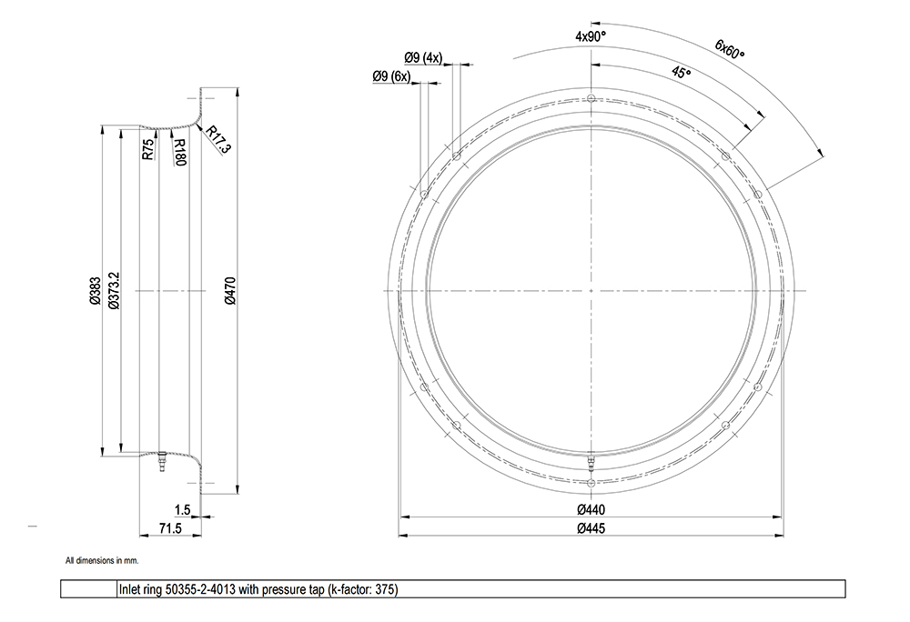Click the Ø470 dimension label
click(230, 290)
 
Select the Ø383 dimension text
click(96, 291)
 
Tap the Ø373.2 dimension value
click(115, 290)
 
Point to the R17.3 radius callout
click(217, 140)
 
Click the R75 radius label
click(148, 149)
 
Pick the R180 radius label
click(179, 152)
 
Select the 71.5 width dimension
click(171, 528)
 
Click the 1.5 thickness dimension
click(182, 510)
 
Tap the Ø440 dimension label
click(591, 509)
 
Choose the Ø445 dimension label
click(591, 528)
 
